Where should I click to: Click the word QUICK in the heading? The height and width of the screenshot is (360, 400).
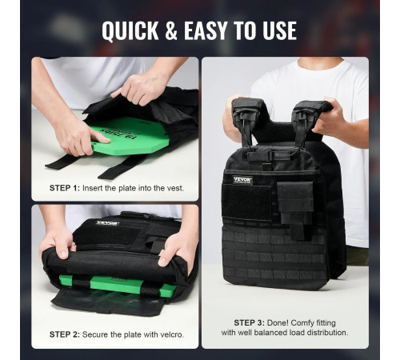click(x=130, y=31)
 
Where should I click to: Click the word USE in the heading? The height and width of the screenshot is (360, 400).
click(x=279, y=31)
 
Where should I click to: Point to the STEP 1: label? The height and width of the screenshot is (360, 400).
click(x=65, y=188)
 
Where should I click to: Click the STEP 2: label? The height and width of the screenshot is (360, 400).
click(x=65, y=334)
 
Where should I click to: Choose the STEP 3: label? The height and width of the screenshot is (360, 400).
click(x=250, y=323)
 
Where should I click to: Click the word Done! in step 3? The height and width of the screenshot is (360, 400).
click(x=278, y=323)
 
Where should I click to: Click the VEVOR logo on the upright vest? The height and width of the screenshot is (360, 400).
click(x=242, y=180)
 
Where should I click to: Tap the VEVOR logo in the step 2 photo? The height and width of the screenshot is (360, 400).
click(x=107, y=223)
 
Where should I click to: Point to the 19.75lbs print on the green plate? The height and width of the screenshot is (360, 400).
click(x=119, y=133)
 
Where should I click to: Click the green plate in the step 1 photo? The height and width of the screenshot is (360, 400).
click(x=130, y=136)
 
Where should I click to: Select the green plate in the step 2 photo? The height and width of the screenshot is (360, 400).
click(x=118, y=285)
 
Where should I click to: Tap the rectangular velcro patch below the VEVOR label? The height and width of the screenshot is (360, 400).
click(x=246, y=202)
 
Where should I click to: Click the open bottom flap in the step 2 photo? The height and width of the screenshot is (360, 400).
click(x=106, y=302)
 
